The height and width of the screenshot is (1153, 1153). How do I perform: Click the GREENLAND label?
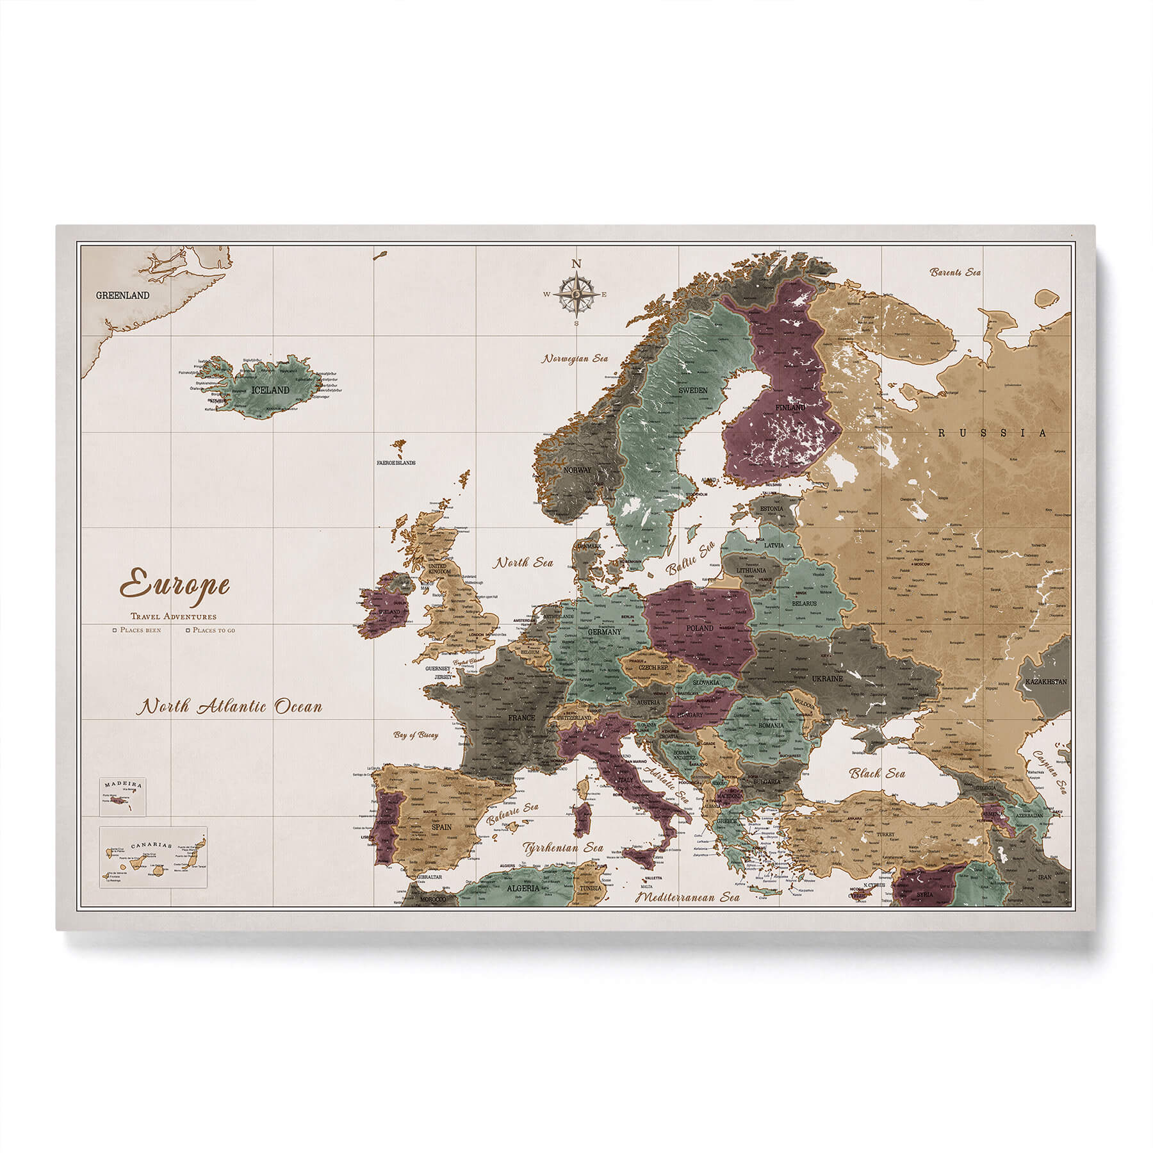coord(122,295)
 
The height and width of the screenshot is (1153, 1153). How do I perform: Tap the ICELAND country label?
coord(270,389)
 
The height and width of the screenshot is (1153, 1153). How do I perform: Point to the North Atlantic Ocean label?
coord(232,707)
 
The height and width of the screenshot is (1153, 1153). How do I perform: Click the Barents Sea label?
coord(956,272)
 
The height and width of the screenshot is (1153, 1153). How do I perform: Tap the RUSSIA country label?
coord(992,433)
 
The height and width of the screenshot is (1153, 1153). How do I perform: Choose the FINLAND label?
coord(789,407)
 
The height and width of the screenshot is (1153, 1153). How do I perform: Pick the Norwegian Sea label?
coord(575,359)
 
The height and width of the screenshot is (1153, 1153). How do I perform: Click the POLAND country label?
coord(699,628)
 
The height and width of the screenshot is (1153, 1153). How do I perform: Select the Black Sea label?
coord(877,773)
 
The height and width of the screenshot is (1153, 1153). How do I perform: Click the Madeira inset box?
coord(122,797)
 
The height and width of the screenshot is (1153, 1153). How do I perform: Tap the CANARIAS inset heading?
coord(151,845)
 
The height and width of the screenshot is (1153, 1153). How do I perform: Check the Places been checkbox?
coord(115,630)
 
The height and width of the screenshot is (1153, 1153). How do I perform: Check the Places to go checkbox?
coord(188,630)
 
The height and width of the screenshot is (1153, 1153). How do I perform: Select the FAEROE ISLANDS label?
coord(396,462)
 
